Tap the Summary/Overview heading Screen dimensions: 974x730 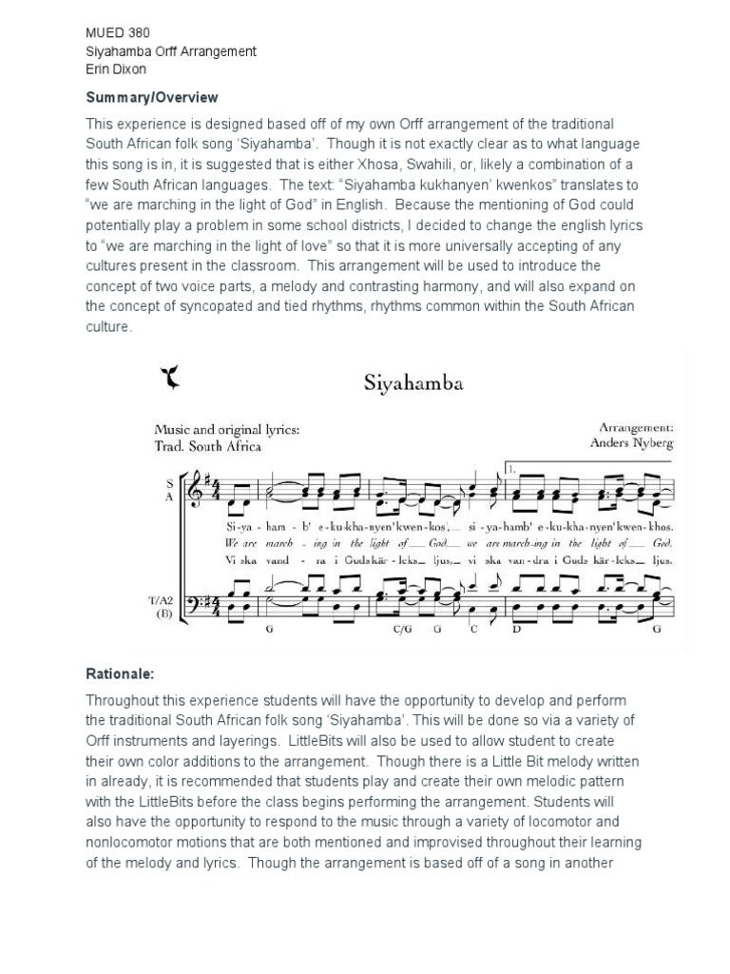[x=152, y=98]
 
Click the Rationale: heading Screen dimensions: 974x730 [x=121, y=674]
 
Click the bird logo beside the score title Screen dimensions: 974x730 [x=171, y=380]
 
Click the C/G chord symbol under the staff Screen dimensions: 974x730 [x=402, y=630]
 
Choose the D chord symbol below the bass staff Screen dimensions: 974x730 [x=518, y=630]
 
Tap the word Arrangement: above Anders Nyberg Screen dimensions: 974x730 [x=636, y=428]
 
